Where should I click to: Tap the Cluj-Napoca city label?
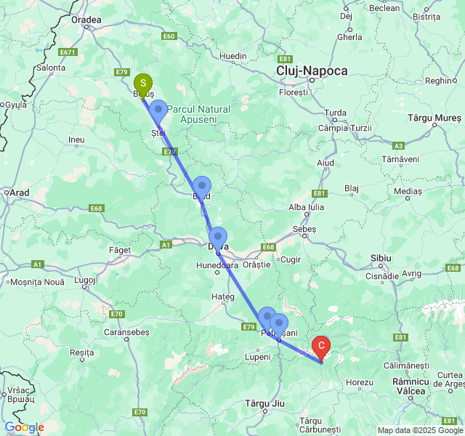click(312, 70)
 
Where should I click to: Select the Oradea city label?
click(86, 20)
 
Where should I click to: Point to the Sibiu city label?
click(381, 258)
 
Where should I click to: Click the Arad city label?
click(19, 193)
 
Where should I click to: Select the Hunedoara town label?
click(217, 266)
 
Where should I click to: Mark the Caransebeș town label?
click(127, 331)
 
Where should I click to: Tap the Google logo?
click(24, 427)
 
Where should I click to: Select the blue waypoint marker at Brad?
click(202, 187)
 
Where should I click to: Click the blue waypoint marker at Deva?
click(218, 238)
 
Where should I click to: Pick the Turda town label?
click(336, 113)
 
